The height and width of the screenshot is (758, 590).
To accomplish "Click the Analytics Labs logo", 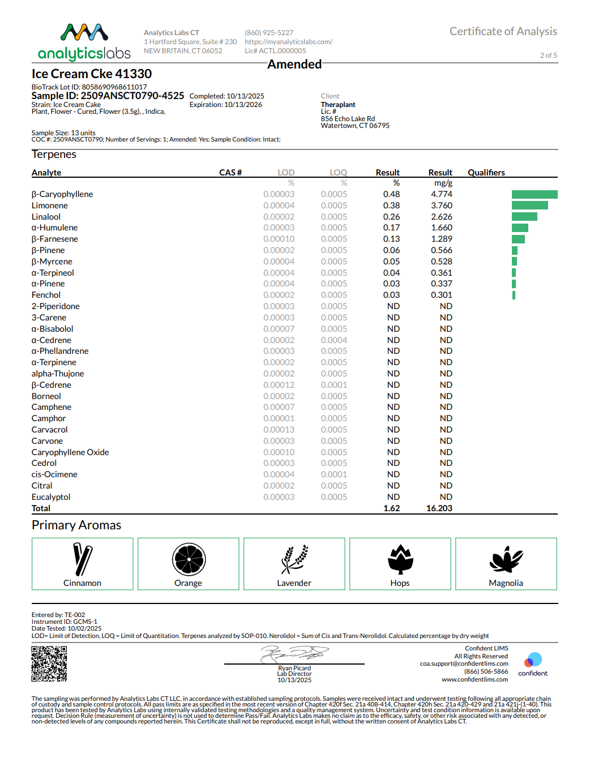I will [x=84, y=42].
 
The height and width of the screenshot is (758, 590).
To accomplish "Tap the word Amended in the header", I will [x=294, y=65].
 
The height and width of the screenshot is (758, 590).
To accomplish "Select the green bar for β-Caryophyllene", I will [x=535, y=194].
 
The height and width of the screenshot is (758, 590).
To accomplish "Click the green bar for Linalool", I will [x=524, y=217].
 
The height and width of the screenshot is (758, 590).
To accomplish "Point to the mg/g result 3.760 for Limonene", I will [x=442, y=205].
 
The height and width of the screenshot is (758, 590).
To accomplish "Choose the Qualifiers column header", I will [x=486, y=173].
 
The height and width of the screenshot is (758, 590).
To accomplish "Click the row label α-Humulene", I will [x=54, y=228].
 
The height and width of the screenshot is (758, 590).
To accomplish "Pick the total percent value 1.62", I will [x=391, y=508].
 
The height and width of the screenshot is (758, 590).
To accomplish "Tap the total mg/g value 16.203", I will [x=439, y=508].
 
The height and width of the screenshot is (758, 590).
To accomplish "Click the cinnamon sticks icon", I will [x=83, y=559].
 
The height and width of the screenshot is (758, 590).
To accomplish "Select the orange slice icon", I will [x=189, y=559].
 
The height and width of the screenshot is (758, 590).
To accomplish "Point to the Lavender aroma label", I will [x=294, y=583].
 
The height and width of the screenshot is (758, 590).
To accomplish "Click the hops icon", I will [x=400, y=559].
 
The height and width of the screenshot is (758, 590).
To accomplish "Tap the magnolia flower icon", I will [x=506, y=559].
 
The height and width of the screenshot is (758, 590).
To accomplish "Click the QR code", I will [x=49, y=663].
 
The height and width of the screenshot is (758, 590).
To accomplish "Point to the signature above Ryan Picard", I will [x=294, y=654].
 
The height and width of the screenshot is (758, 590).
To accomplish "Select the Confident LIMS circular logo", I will [x=533, y=661].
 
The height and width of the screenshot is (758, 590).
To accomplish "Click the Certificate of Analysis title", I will [x=503, y=32].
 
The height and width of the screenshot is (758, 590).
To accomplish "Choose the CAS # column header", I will [x=230, y=173].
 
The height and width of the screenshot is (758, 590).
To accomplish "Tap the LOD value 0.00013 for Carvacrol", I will [x=279, y=430].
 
